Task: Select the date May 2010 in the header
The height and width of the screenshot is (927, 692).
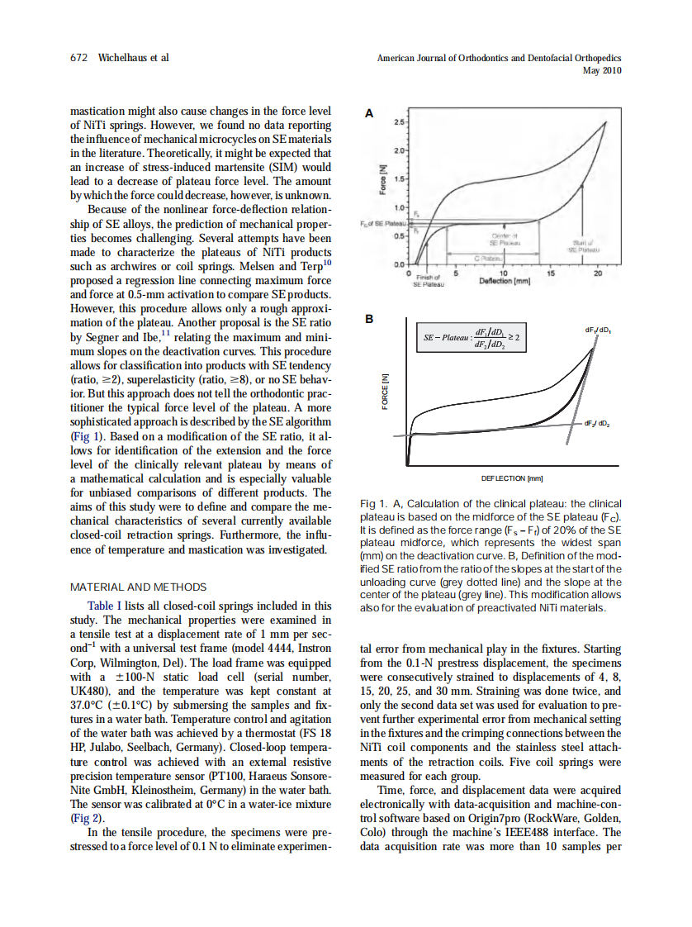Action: [x=602, y=71]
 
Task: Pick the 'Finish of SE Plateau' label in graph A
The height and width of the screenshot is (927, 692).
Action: [x=429, y=281]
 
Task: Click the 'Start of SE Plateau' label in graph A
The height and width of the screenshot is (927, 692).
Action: [x=583, y=245]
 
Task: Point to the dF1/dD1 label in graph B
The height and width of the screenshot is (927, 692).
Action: [x=598, y=330]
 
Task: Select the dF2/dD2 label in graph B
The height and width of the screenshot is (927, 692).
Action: [x=597, y=423]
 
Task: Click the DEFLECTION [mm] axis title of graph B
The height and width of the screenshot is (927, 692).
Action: [x=512, y=478]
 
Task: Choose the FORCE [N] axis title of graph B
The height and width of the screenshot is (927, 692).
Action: [x=383, y=391]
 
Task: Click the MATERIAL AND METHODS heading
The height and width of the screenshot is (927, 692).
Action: [x=139, y=587]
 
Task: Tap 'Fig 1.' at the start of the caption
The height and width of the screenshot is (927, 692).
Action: [x=375, y=503]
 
